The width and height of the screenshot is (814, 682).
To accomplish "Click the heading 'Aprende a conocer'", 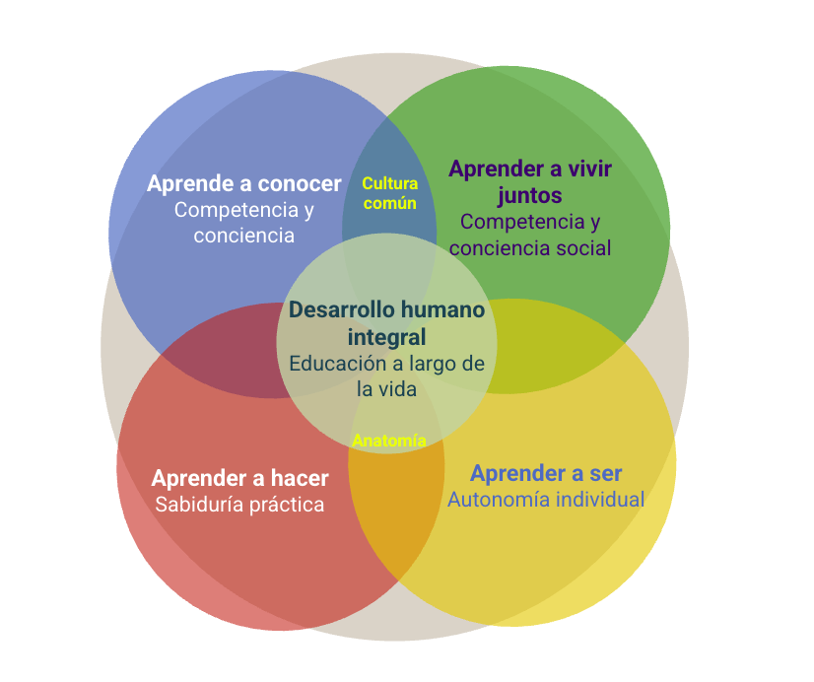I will (243, 183).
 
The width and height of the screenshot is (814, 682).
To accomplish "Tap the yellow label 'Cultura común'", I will (389, 193).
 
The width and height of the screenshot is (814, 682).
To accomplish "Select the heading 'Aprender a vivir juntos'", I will (530, 181).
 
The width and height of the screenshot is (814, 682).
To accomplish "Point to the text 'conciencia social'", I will (530, 247).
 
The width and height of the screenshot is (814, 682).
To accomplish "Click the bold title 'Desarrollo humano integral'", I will (386, 323).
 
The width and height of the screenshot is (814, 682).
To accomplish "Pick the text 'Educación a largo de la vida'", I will (386, 375).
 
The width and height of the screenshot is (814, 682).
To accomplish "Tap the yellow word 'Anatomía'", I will (389, 441).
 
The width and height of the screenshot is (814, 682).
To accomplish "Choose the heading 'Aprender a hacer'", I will (239, 478).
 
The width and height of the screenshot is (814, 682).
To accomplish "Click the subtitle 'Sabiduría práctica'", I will (239, 505).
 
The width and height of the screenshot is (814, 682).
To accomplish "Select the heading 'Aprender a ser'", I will (546, 473).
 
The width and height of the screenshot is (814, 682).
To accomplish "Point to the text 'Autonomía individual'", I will (546, 499).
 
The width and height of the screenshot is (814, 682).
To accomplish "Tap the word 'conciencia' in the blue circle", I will (243, 236).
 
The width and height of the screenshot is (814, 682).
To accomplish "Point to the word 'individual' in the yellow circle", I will (599, 499).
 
